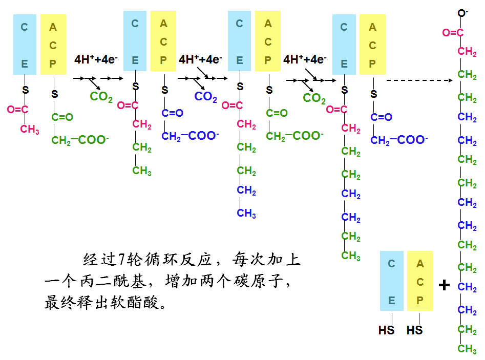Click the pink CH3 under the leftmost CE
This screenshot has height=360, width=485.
click(30, 129)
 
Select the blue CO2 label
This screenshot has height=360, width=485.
click(206, 96)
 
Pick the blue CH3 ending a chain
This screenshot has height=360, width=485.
click(246, 213)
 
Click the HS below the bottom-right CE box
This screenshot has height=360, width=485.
click(387, 330)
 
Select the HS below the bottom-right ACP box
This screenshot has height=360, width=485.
click(414, 330)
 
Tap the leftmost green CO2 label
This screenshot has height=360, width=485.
click(101, 96)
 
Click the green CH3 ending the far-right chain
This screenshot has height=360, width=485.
click(467, 349)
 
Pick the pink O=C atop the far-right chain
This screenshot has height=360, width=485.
click(453, 33)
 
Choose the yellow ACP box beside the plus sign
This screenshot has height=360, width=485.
click(420, 281)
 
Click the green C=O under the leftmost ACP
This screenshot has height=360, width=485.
click(62, 117)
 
